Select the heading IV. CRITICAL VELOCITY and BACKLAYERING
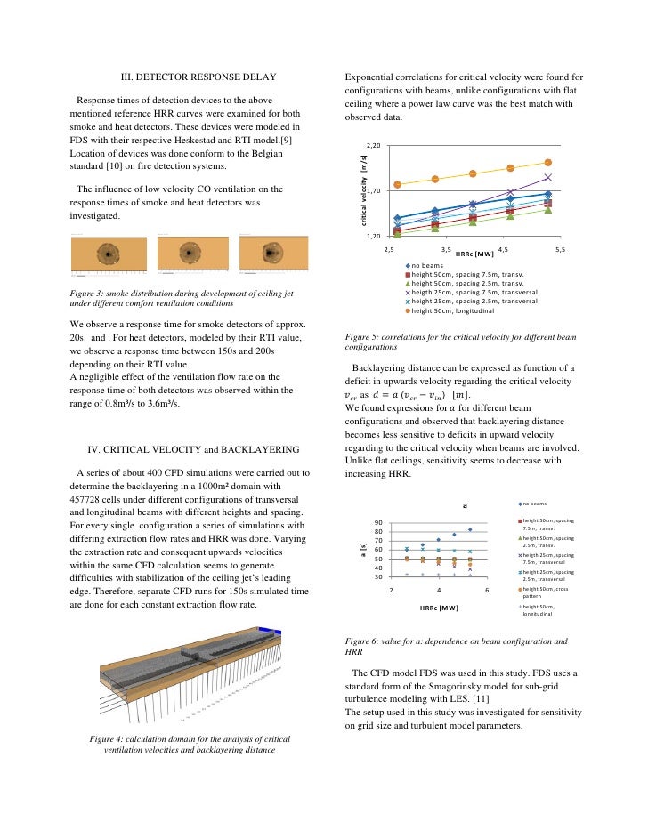[193, 448]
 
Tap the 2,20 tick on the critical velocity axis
[373, 145]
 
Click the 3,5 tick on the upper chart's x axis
[446, 251]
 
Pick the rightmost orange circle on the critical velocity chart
[548, 163]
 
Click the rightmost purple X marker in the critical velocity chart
[548, 177]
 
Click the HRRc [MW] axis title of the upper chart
[474, 254]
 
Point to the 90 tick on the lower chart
[378, 523]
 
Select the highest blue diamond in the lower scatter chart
[470, 529]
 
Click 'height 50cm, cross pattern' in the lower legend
[547, 592]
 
